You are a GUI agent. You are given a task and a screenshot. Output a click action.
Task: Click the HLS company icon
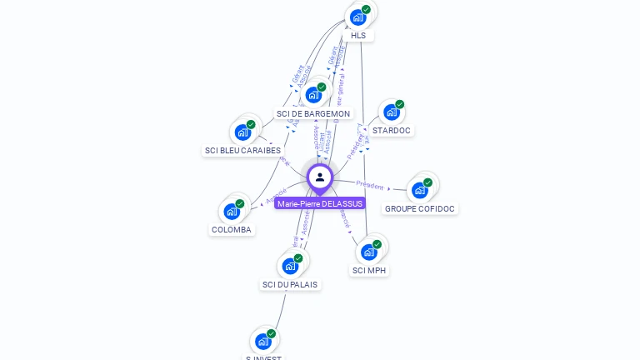[x=357, y=17]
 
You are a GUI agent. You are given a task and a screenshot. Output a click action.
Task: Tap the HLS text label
[x=358, y=36]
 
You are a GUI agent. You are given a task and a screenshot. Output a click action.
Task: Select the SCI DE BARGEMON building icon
[x=313, y=95]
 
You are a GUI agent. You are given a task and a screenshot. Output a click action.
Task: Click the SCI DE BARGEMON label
[x=313, y=113]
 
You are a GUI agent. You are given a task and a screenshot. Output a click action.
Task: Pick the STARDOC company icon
[x=391, y=112]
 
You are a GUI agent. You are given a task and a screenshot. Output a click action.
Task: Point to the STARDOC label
[x=392, y=131]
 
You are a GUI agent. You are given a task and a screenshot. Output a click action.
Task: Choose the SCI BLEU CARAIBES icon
[x=242, y=132]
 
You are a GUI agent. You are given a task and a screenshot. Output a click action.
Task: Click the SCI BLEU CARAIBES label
[x=242, y=151]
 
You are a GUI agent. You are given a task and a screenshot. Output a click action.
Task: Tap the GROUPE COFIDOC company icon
[x=419, y=190]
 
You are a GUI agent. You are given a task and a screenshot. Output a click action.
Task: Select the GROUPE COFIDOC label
[x=420, y=208]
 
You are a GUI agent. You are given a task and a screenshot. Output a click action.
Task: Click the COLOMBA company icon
[x=231, y=212]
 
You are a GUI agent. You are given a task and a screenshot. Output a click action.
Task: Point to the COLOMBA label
[x=232, y=230]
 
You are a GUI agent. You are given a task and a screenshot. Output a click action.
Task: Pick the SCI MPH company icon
[x=368, y=252]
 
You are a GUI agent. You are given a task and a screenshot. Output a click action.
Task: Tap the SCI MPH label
[x=370, y=271]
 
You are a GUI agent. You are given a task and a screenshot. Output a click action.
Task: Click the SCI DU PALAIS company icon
[x=290, y=266]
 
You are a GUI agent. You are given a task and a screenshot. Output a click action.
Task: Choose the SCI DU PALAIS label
[x=290, y=285]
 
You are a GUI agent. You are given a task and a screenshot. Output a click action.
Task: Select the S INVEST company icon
[x=262, y=341]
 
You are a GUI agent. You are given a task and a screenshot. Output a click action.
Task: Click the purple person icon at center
[x=320, y=177]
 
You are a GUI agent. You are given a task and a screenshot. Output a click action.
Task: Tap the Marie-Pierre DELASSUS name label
[x=320, y=203]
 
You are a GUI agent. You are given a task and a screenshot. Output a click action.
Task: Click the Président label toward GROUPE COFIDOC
[x=370, y=184]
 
